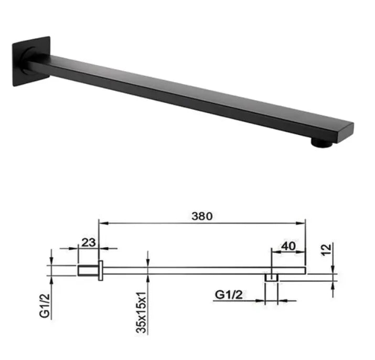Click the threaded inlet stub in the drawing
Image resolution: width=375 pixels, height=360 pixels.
pos(87,271)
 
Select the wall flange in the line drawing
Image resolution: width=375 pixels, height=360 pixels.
pos(99,271)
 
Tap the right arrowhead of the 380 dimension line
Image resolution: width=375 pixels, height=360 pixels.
pos(303,223)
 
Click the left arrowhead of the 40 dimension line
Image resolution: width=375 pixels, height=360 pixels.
pos(273,250)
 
